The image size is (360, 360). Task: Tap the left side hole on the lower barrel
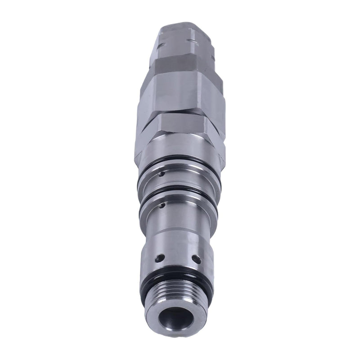[159, 258]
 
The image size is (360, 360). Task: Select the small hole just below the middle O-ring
[161, 206]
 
